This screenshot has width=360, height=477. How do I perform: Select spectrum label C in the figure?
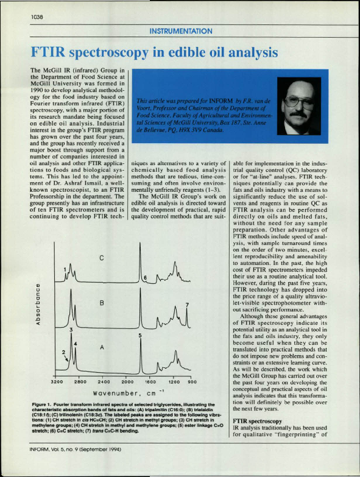(103, 258)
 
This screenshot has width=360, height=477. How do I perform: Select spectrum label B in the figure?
(103, 303)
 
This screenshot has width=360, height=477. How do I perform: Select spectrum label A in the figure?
(103, 346)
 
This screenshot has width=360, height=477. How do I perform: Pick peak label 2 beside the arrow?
(63, 353)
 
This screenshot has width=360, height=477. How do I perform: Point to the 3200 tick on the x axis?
(57, 381)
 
